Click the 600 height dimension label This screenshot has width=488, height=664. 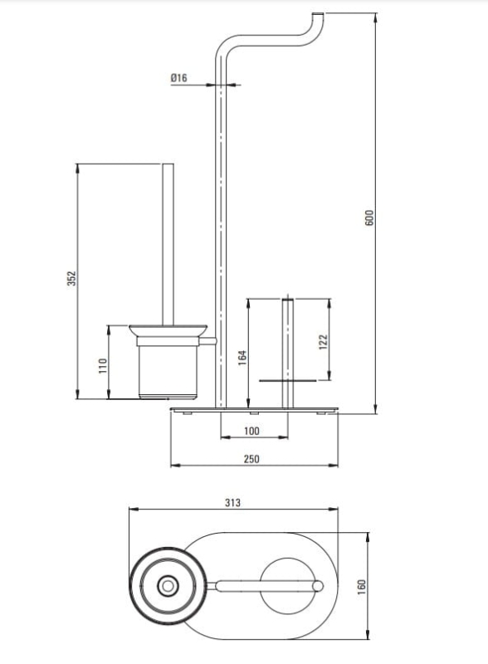click(369, 217)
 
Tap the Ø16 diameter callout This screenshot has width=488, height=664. click(178, 78)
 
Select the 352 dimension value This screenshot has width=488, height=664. click(71, 278)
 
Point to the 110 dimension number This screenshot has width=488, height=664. click(103, 365)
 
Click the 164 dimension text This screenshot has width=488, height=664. click(242, 359)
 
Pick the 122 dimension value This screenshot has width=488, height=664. click(323, 342)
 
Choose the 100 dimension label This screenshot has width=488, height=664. click(251, 431)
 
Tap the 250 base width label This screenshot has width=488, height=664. click(251, 459)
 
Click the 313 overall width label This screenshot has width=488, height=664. click(232, 503)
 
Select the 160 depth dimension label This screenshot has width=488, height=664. click(361, 587)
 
